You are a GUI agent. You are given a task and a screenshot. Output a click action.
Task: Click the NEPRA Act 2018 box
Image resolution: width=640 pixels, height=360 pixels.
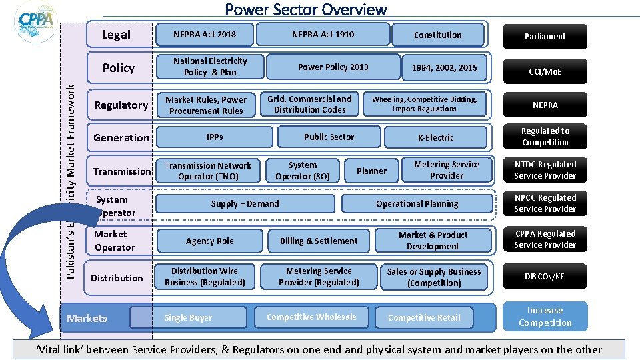click(204, 35)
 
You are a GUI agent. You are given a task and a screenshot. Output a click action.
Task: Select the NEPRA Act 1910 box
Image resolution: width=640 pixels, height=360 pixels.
click(323, 35)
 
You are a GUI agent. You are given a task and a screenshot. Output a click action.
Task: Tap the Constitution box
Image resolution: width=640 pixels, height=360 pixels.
click(437, 35)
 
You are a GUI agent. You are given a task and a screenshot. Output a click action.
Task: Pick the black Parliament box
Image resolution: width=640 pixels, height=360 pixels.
click(545, 37)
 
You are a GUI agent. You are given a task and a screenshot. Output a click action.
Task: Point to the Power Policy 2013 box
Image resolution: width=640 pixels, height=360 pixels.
click(333, 67)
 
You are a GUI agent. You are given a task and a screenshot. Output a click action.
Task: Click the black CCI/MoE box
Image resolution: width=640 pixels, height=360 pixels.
click(545, 71)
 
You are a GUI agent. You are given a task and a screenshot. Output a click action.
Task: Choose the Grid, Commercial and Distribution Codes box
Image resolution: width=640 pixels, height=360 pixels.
click(309, 104)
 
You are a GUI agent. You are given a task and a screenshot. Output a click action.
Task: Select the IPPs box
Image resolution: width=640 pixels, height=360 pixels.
click(215, 137)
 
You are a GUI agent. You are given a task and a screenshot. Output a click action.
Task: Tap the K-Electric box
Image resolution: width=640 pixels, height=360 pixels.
click(435, 138)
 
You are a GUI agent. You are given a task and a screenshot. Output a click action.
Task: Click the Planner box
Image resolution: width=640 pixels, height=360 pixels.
click(371, 171)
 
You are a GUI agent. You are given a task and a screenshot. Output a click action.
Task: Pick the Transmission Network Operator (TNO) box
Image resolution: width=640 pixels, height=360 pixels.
click(208, 171)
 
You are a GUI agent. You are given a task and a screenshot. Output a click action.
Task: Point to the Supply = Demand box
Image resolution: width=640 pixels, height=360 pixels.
click(245, 204)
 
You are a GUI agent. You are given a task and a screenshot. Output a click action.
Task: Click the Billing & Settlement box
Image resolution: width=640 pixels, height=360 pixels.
click(319, 241)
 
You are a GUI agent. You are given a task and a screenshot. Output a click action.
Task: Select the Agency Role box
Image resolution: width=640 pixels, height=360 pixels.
click(210, 241)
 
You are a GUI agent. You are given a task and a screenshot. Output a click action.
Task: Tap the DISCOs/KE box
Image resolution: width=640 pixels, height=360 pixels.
click(545, 277)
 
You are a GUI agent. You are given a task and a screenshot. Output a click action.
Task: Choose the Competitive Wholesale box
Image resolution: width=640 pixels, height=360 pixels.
click(311, 317)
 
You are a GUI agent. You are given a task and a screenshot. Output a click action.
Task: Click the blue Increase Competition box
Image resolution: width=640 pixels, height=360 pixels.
click(545, 317)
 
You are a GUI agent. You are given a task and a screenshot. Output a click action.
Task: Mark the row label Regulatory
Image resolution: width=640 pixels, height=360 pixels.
click(121, 105)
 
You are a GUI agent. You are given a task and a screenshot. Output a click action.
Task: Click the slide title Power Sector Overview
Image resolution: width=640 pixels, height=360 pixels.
click(306, 9)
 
